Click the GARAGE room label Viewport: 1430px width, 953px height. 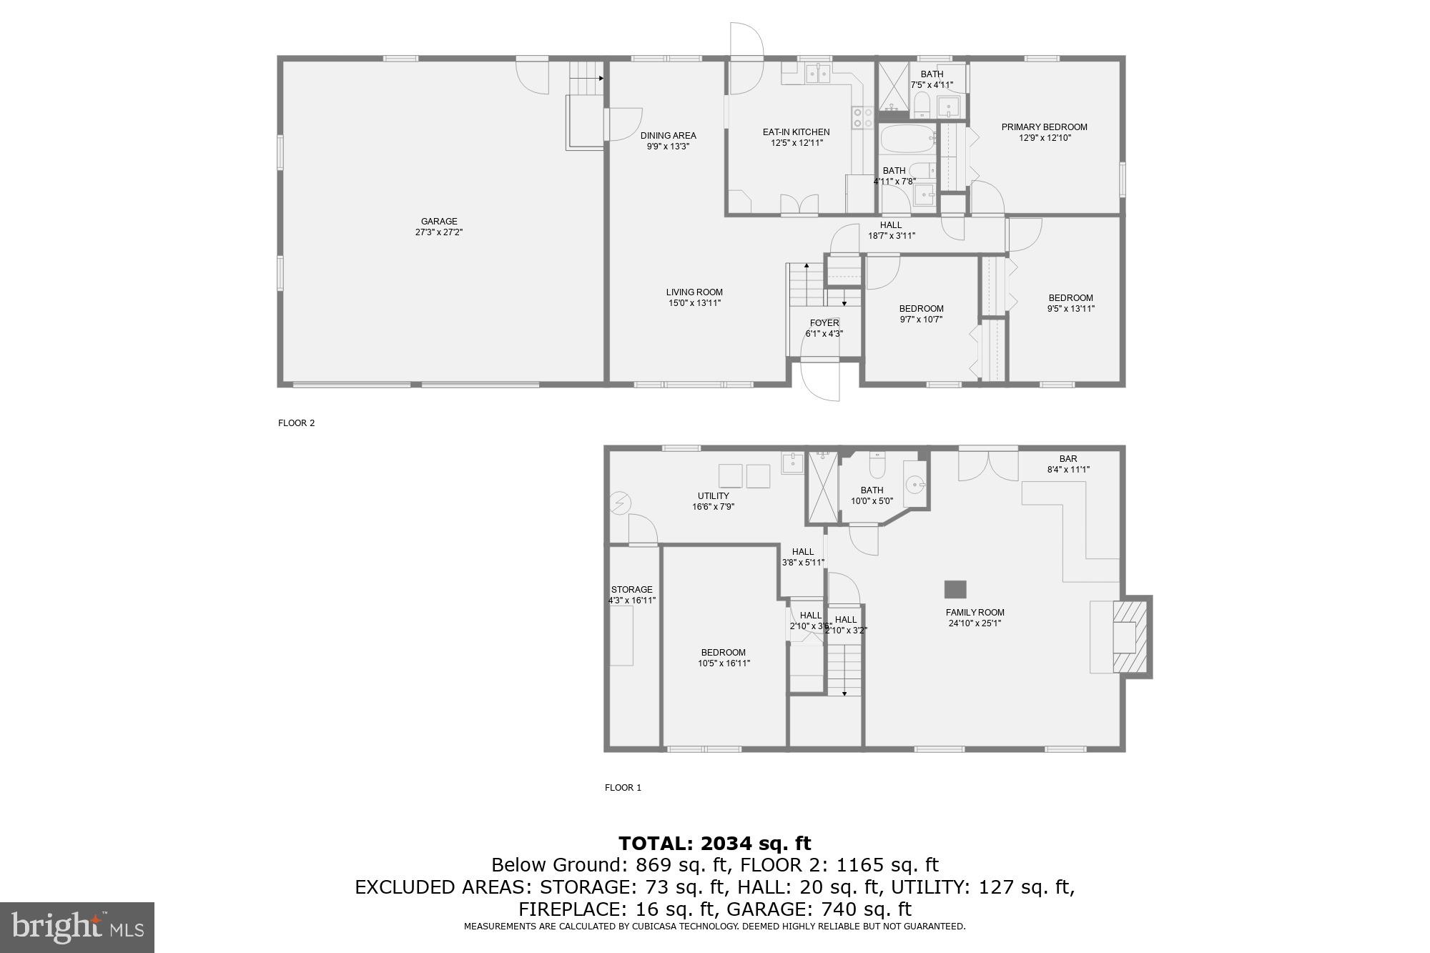[x=438, y=222]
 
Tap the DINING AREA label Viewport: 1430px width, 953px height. [x=668, y=136]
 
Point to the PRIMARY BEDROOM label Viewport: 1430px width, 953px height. [x=1044, y=127]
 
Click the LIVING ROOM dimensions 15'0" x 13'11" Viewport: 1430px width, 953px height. [x=694, y=303]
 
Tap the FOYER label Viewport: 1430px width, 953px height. [x=824, y=323]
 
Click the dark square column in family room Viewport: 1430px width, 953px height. [x=955, y=589]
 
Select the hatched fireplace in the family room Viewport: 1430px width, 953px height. [x=1129, y=637]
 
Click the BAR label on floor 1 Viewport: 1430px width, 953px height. [x=1068, y=459]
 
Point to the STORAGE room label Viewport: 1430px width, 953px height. [x=631, y=590]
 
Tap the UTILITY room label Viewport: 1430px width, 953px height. [x=713, y=496]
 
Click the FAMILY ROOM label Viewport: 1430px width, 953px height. [x=975, y=613]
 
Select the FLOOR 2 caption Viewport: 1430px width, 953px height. [x=296, y=423]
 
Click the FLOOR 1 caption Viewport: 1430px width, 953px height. [x=623, y=788]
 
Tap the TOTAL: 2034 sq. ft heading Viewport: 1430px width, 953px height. [x=714, y=844]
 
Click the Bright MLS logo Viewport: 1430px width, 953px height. [x=77, y=927]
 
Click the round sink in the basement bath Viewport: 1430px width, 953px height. [x=914, y=485]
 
